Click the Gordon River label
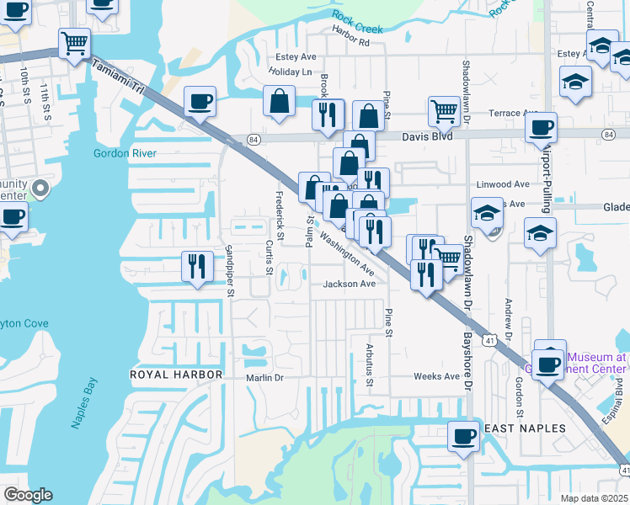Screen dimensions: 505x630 [x=125, y=154]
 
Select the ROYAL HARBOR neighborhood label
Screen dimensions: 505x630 [x=176, y=374]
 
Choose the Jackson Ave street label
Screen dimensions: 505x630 [x=349, y=284]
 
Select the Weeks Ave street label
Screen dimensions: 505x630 [x=436, y=376]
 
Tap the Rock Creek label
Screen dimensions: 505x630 [x=357, y=22]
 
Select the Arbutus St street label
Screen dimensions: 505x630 [x=370, y=363]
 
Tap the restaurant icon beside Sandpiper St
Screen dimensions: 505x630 [x=195, y=267]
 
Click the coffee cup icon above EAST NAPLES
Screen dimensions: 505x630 [x=462, y=436]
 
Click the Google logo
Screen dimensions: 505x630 [x=28, y=495]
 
